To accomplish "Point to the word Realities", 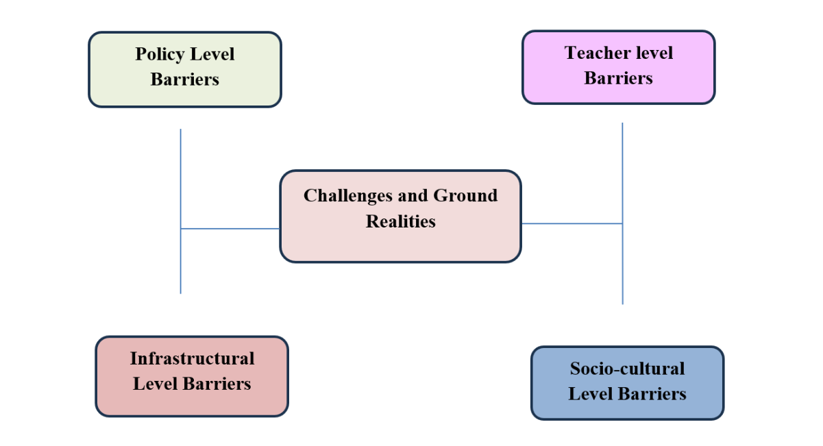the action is [401, 221].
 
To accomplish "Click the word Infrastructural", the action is [192, 358].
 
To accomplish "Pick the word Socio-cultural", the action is [627, 369].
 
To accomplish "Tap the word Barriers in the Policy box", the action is [185, 79].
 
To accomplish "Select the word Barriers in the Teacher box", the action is [618, 78].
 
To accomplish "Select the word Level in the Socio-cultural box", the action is [590, 394].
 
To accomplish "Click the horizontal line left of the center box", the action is [230, 229].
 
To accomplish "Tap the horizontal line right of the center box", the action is [572, 223].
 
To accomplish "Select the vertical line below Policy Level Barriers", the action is [181, 178].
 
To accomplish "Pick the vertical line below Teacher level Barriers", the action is [622, 171].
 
